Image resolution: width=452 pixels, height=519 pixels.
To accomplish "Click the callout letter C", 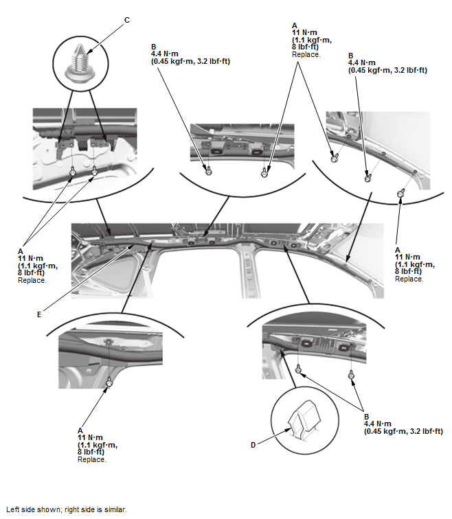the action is tap(127, 20).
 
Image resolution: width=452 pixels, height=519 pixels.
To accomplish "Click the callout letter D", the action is tap(253, 445).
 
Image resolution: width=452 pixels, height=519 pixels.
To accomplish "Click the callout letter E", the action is tap(39, 314).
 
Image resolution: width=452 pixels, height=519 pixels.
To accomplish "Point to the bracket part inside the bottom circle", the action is tap(304, 419).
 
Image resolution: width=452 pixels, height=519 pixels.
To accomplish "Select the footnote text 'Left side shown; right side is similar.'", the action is tap(67, 509).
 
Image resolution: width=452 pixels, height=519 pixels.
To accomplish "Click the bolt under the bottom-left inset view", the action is tap(109, 383).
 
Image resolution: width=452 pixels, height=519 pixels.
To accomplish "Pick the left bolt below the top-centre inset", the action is tap(209, 172).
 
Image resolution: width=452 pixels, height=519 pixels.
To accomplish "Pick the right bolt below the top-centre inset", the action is tap(264, 172).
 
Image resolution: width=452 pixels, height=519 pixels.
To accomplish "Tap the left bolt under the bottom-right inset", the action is tap(298, 368).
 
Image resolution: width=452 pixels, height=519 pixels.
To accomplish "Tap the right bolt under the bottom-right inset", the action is tap(351, 376).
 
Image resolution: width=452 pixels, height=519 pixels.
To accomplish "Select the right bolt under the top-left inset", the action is tap(95, 170).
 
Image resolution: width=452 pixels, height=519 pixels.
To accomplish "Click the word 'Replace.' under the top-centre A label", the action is tap(306, 55).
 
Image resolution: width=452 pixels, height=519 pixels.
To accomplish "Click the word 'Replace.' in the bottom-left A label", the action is tap(92, 459).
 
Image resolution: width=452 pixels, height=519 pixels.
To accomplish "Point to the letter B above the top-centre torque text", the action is tap(154, 47).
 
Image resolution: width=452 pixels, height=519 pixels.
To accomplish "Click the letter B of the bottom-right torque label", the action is tap(367, 417).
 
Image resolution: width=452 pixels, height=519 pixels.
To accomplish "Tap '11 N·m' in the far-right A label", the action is tap(407, 257).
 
